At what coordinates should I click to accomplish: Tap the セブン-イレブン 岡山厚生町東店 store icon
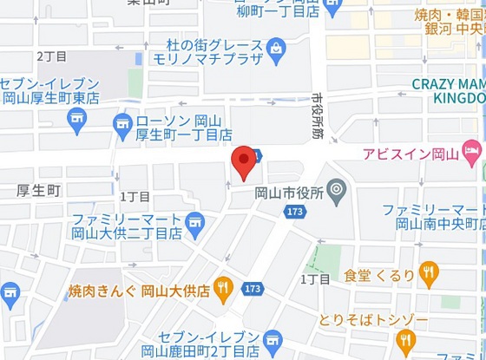(77, 117)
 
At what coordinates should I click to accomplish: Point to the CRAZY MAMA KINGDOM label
(448, 91)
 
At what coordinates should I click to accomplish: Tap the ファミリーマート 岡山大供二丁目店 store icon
(195, 224)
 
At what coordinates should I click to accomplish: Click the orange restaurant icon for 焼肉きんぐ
(223, 289)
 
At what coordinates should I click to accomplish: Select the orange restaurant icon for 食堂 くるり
(428, 276)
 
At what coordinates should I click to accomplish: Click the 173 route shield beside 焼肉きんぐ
(253, 287)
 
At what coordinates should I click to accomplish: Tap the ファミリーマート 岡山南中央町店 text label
(434, 216)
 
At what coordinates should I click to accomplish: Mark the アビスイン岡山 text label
(410, 154)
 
